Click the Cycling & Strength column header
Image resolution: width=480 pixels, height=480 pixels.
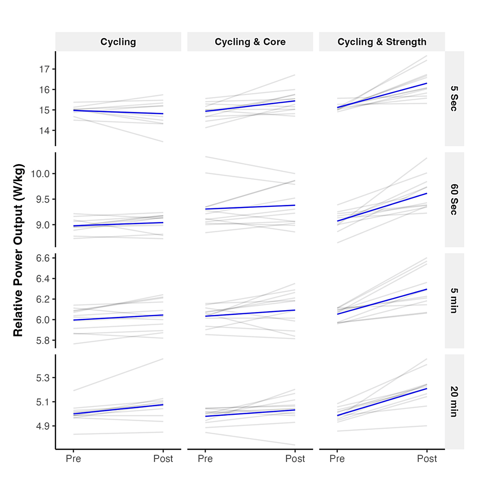[382, 42]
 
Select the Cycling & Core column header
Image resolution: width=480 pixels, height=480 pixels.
[250, 42]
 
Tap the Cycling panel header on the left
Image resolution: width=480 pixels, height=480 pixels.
[118, 42]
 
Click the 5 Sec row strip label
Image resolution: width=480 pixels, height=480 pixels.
[454, 98]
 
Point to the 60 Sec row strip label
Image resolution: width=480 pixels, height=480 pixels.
[454, 199]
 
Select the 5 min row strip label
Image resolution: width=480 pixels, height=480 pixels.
[454, 300]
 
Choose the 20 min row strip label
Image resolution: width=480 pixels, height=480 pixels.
[454, 402]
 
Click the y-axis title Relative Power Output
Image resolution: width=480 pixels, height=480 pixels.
[18, 249]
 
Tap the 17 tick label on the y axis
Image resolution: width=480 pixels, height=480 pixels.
[45, 69]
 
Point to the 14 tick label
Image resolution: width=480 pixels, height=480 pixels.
[45, 130]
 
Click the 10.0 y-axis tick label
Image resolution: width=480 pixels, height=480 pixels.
[42, 174]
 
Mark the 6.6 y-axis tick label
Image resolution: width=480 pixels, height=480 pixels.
[44, 258]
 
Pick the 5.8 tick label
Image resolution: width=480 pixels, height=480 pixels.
[44, 340]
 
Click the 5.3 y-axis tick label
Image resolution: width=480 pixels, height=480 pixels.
[44, 378]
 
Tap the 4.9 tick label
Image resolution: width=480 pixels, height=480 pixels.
[44, 426]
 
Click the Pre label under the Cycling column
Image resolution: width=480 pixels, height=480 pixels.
[74, 459]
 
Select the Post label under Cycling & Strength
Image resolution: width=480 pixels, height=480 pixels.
[427, 459]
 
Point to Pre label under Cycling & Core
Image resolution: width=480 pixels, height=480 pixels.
[205, 459]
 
